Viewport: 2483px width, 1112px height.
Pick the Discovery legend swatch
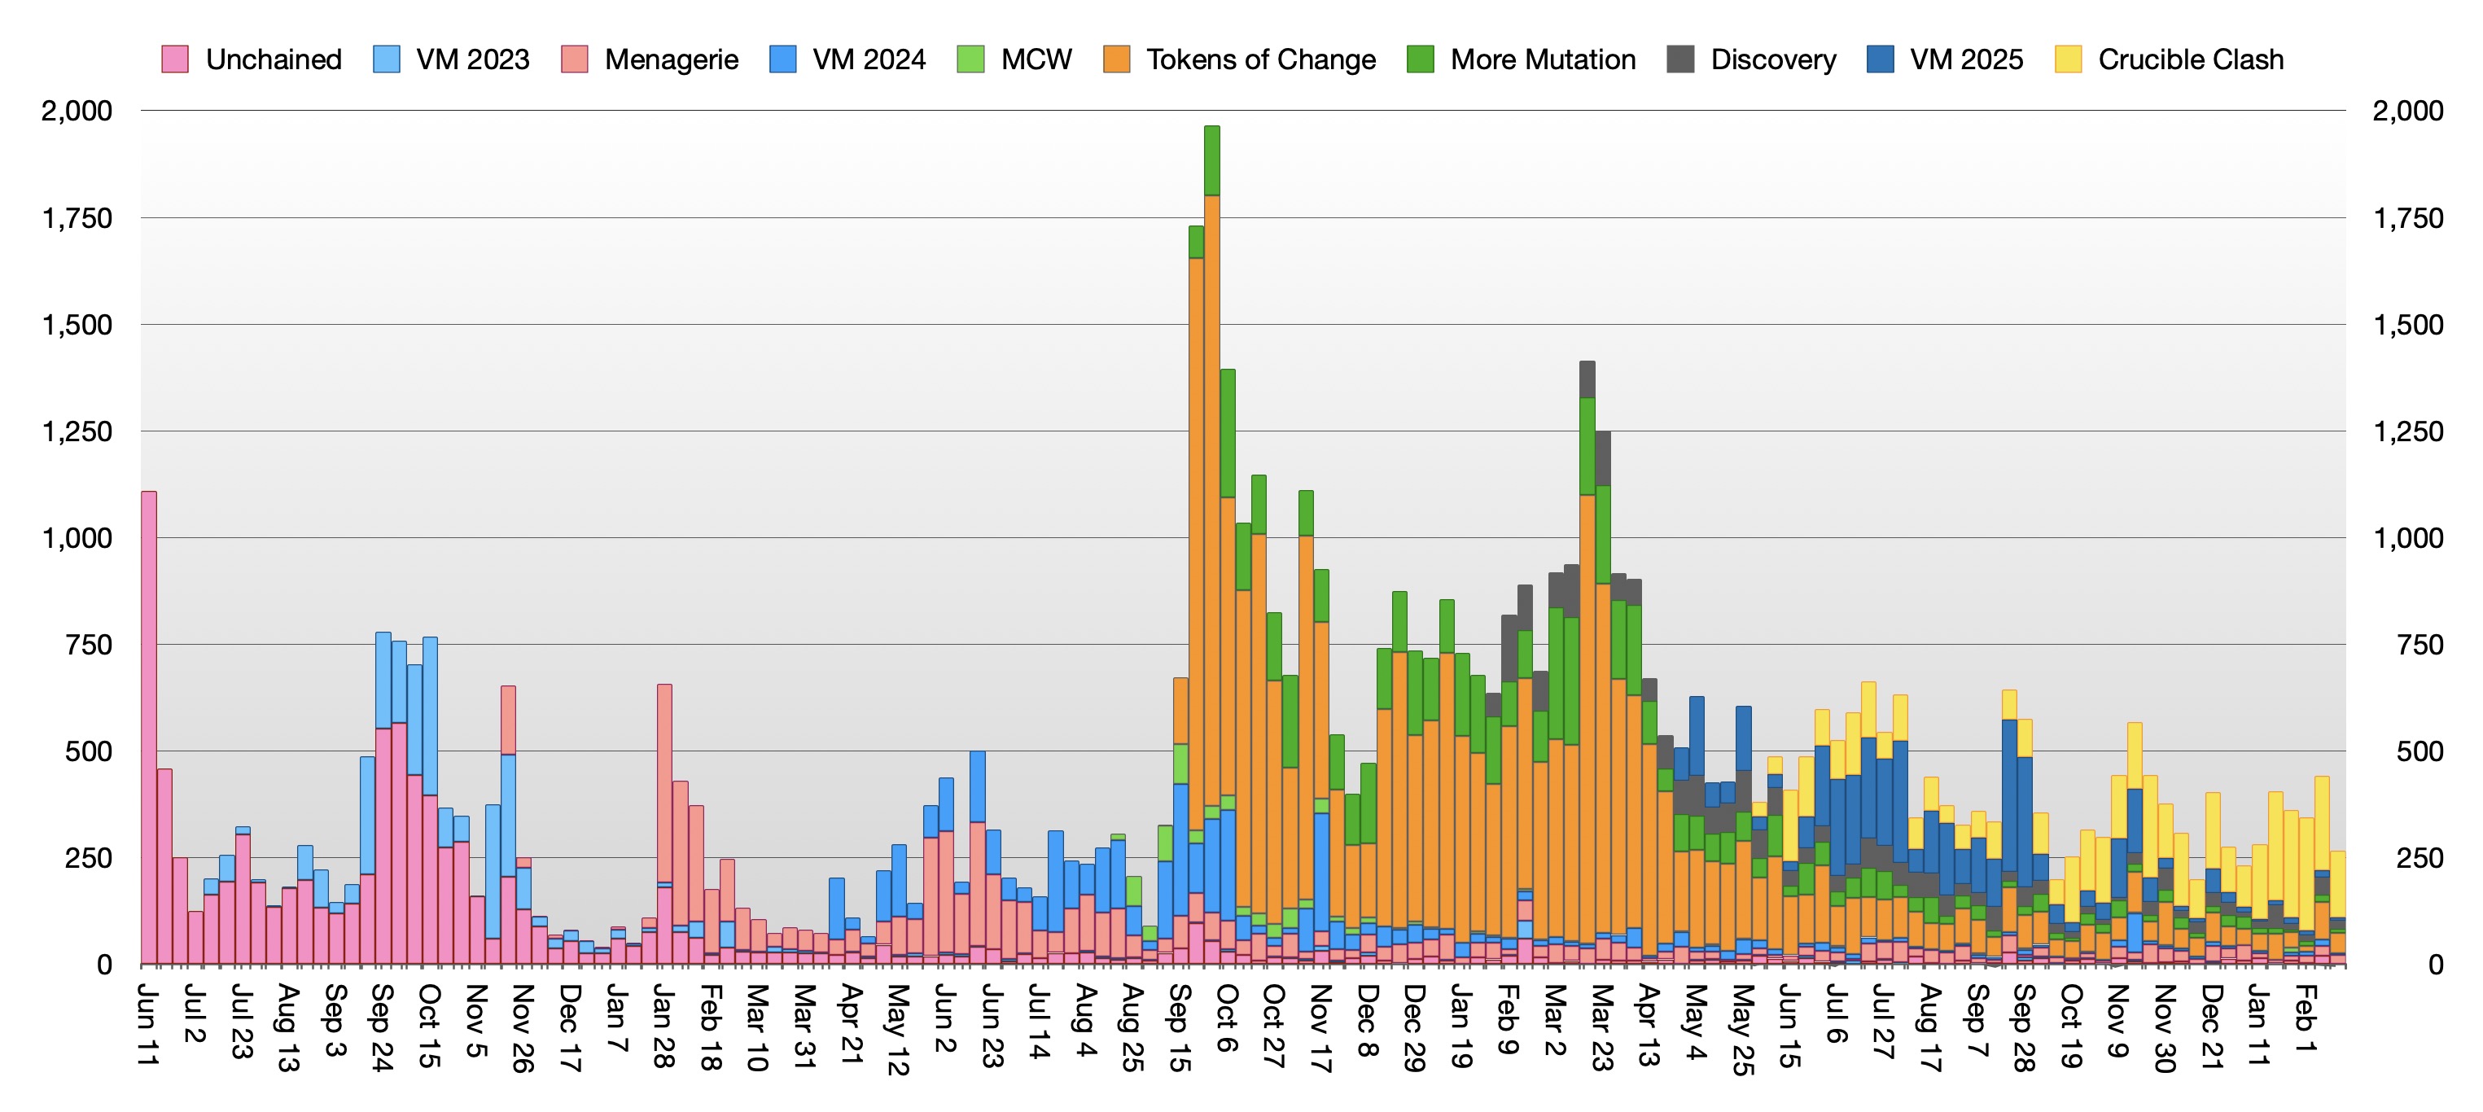1682,59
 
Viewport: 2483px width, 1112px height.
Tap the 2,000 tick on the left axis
77,111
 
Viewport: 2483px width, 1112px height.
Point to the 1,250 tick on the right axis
2408,431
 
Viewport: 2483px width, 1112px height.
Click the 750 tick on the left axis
89,645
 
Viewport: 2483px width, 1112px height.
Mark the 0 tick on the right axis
2436,965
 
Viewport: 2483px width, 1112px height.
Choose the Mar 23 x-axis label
1602,1027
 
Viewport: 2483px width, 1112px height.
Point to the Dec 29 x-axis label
1414,1027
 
